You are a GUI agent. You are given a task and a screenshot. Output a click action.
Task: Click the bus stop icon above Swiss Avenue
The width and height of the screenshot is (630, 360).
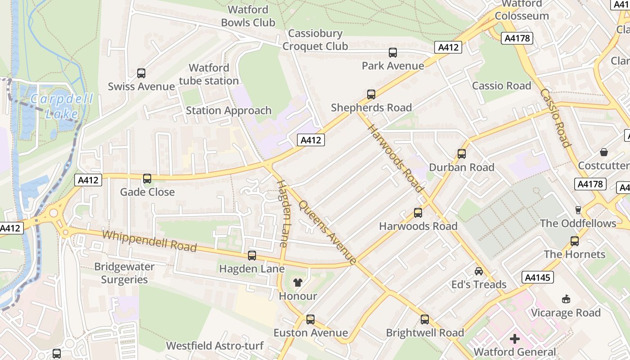tap(141, 73)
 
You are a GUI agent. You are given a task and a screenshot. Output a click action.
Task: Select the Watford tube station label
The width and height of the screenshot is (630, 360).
tap(209, 74)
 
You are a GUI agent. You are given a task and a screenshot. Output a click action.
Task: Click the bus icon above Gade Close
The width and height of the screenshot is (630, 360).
tap(147, 179)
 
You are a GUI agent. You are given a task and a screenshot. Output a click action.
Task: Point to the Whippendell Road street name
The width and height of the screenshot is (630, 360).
tap(149, 241)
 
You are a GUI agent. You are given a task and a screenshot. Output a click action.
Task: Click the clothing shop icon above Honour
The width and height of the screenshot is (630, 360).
tap(298, 283)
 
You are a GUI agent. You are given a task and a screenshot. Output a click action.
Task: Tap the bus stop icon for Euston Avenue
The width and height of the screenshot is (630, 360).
tap(310, 319)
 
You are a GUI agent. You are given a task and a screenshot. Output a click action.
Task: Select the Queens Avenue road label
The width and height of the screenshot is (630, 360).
tap(328, 232)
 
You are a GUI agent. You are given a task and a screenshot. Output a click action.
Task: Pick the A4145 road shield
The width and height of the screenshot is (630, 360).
tap(538, 278)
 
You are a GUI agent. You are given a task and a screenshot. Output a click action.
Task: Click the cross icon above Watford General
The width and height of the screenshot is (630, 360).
tap(515, 338)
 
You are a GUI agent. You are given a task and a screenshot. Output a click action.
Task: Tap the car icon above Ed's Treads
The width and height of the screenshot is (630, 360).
tap(479, 271)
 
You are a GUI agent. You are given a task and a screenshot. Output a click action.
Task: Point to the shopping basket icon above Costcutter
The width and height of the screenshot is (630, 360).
tap(604, 152)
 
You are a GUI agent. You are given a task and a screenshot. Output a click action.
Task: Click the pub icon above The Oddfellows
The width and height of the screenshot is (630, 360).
tap(578, 210)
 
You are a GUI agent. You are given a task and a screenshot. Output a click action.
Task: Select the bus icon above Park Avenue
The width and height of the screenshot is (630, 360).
tap(393, 53)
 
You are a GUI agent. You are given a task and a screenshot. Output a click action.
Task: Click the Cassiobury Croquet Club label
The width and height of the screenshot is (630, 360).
tap(315, 40)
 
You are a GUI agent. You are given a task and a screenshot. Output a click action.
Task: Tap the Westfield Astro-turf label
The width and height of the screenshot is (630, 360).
tap(215, 346)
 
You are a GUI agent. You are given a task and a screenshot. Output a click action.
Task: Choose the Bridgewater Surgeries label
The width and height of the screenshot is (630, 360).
tap(124, 273)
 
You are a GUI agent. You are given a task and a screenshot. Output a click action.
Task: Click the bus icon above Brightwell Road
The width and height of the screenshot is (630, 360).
tap(425, 319)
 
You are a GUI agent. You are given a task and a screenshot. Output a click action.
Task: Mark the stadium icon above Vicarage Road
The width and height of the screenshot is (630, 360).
tap(566, 299)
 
